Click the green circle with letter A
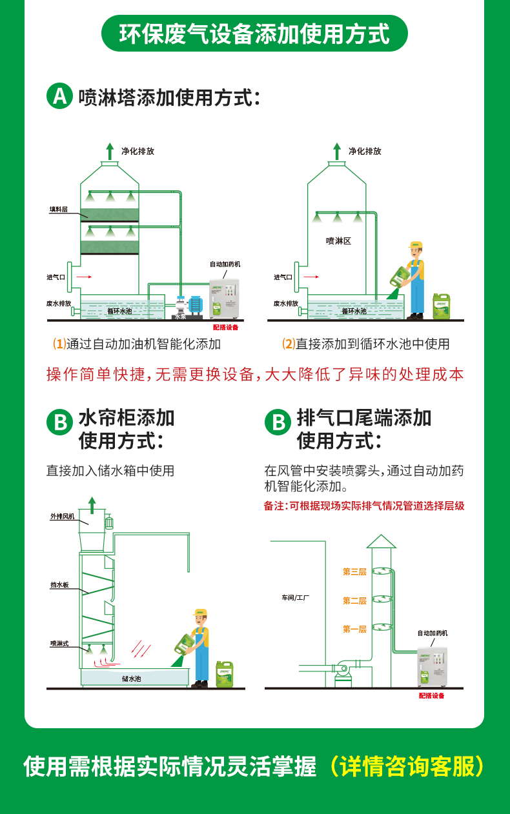[x=59, y=97]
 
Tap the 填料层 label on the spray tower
[x=59, y=210]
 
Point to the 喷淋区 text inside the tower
[x=338, y=241]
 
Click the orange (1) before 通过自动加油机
[x=59, y=344]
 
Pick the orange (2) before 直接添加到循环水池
[x=289, y=344]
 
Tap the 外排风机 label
[x=63, y=516]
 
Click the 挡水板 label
[x=59, y=585]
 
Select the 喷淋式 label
[x=59, y=643]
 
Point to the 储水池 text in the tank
[x=131, y=679]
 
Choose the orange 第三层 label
[x=354, y=571]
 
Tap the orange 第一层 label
[x=354, y=629]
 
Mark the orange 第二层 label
[x=354, y=601]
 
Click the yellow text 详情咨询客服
[x=405, y=766]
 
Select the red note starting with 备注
[x=364, y=506]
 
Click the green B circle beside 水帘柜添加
[x=59, y=423]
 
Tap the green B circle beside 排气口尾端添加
[x=278, y=423]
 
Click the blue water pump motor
[x=196, y=304]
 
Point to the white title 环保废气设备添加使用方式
[x=254, y=34]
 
